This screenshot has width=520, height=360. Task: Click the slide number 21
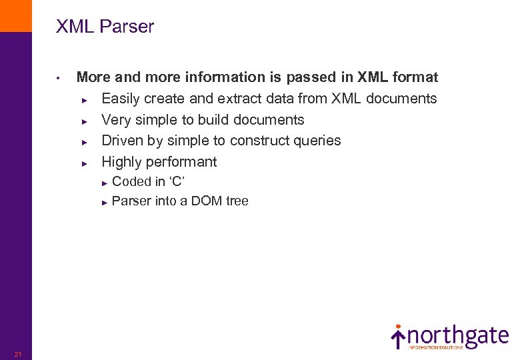(x=18, y=353)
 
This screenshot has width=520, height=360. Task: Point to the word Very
(x=115, y=120)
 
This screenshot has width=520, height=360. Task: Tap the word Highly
(x=121, y=162)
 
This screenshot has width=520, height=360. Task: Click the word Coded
(x=131, y=182)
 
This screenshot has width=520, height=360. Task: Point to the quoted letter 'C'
(x=176, y=182)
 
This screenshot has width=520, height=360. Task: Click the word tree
(x=237, y=201)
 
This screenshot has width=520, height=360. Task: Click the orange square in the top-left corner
(x=15, y=15)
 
